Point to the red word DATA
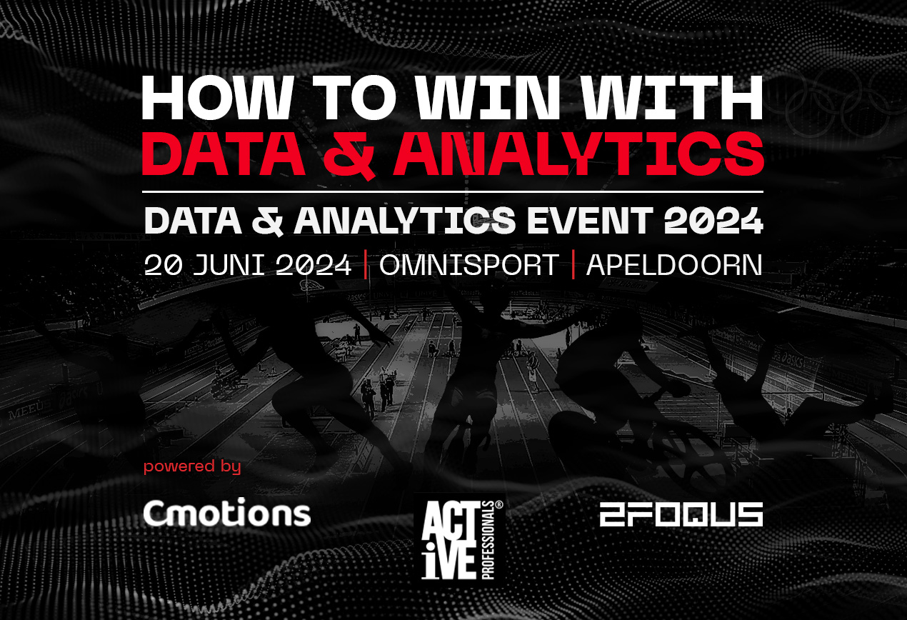click(224, 154)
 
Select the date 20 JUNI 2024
click(248, 265)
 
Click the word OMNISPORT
click(469, 265)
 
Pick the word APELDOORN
click(674, 265)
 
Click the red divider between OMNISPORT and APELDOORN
click(573, 265)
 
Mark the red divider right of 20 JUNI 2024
click(366, 265)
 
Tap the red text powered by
click(192, 466)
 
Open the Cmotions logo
click(227, 512)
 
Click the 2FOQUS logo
click(681, 514)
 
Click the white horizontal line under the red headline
click(453, 191)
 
